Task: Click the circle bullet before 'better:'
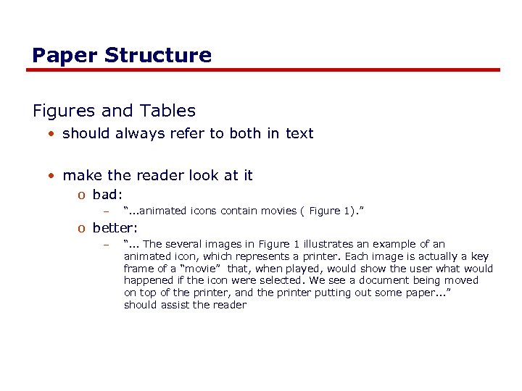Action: (83, 228)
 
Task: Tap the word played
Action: (296, 269)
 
